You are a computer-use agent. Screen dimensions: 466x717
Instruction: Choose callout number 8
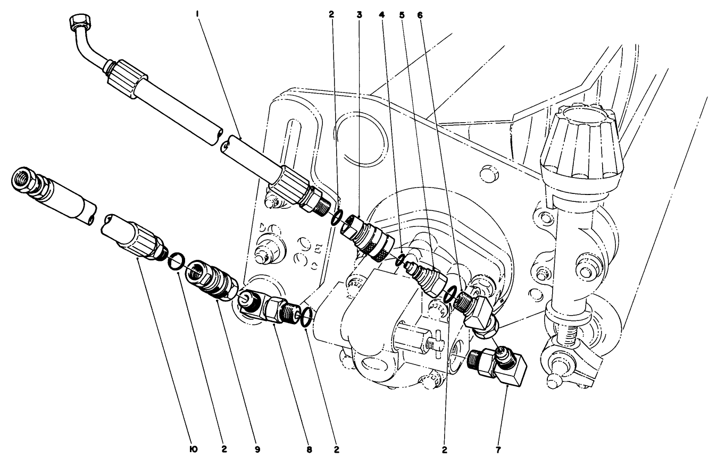[x=309, y=450]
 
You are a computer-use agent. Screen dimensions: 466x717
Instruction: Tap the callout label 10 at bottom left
[x=193, y=450]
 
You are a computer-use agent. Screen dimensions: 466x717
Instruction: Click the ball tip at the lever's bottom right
[x=554, y=380]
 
